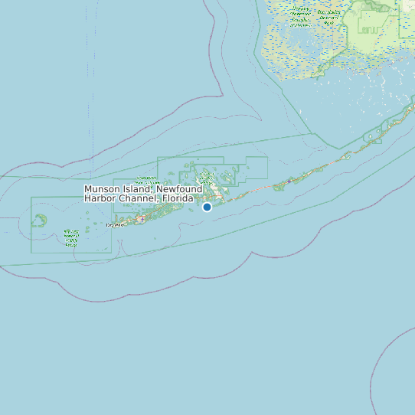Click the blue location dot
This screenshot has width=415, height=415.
pyautogui.click(x=207, y=207)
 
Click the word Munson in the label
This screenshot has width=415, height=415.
pyautogui.click(x=102, y=189)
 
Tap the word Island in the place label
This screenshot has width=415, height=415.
pyautogui.click(x=138, y=189)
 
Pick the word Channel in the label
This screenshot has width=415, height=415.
pyautogui.click(x=139, y=198)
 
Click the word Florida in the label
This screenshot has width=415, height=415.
pyautogui.click(x=177, y=198)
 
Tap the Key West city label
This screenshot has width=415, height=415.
pyautogui.click(x=114, y=225)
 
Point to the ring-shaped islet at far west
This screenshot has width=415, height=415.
pyautogui.click(x=38, y=221)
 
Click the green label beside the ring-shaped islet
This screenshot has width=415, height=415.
pyautogui.click(x=71, y=237)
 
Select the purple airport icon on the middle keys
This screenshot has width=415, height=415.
pyautogui.click(x=289, y=181)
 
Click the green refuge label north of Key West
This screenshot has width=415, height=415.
pyautogui.click(x=146, y=181)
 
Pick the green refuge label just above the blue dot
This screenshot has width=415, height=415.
pyautogui.click(x=208, y=178)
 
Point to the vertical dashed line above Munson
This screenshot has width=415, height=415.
pyautogui.click(x=93, y=115)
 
